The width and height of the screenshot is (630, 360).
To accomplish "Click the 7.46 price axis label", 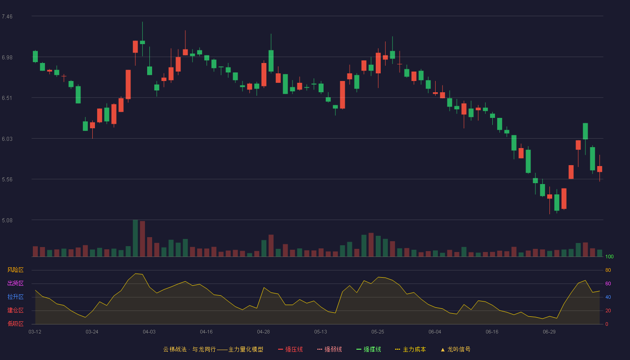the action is [x=7, y=17].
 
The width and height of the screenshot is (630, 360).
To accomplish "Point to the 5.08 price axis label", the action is [x=7, y=220].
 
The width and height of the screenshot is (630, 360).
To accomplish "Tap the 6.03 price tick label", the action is [x=7, y=139].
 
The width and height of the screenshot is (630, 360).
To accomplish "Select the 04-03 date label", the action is [x=149, y=332].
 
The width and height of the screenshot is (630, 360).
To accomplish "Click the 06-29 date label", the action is [x=549, y=332].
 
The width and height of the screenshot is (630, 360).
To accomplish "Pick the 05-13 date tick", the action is [x=320, y=332].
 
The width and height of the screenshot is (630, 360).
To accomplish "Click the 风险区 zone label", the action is [x=15, y=270].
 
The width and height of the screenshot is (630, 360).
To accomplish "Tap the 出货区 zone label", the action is [x=15, y=283].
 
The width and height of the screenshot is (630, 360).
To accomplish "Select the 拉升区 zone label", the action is [x=15, y=297].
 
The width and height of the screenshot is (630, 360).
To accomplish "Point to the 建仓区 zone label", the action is [x=15, y=310].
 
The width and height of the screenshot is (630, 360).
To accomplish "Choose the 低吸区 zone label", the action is [x=15, y=324].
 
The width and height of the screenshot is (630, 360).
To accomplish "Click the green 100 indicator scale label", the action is [x=609, y=256].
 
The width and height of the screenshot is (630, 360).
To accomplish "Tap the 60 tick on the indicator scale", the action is [x=608, y=283].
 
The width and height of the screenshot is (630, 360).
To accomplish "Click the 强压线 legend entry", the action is [x=291, y=349].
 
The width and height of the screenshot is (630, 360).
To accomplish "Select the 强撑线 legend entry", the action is [x=369, y=349].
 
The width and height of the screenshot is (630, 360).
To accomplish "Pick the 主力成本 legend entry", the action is [x=410, y=349].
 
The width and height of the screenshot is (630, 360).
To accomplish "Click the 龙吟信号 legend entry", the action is [x=455, y=349].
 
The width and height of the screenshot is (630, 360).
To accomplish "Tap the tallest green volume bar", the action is [x=135, y=238].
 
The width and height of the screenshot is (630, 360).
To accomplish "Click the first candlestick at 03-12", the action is [x=35, y=56].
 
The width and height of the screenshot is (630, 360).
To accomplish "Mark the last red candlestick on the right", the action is [x=599, y=169].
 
